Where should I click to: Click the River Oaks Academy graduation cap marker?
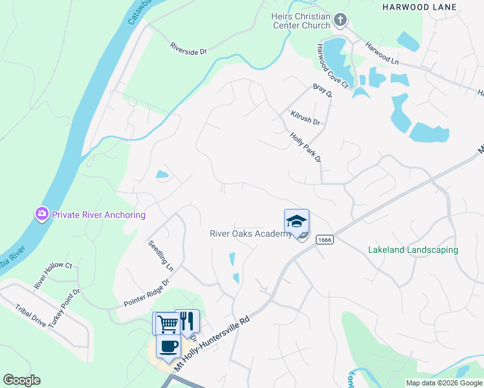pos(296,221)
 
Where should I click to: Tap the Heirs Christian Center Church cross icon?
pos(341,21)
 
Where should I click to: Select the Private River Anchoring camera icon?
pos(42,213)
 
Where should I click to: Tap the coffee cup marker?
pos(169,346)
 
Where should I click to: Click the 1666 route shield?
pos(324,240)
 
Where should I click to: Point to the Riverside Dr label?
pos(188,48)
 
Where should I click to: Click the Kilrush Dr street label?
pos(305,118)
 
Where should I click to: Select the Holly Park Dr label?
pos(306,148)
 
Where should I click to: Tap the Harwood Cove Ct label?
pos(332,66)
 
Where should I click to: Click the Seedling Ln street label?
pos(161,255)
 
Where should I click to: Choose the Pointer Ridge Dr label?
pos(146,293)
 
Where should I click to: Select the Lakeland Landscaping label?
pos(413,250)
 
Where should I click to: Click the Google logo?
pos(21,380)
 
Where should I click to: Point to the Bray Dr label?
pos(322,90)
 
